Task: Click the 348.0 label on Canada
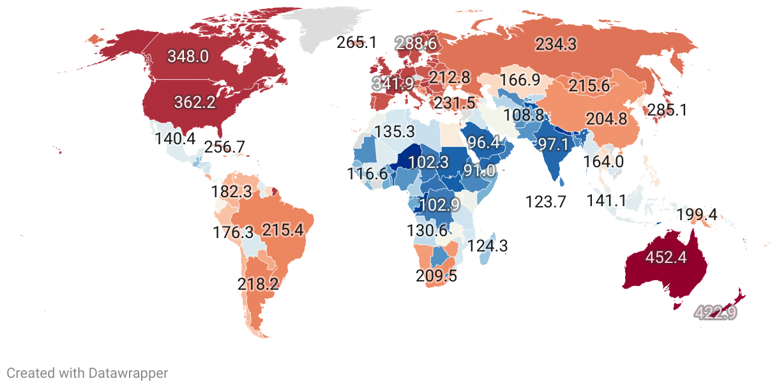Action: (188, 56)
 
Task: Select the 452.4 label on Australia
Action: (667, 257)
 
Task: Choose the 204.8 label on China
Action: (604, 119)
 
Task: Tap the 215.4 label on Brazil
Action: (283, 230)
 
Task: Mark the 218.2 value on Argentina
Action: (258, 284)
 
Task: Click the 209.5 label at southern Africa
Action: (436, 276)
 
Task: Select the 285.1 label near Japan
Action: (667, 110)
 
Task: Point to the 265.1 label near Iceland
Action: (357, 43)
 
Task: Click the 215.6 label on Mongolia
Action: (589, 86)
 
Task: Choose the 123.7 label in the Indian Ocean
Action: (546, 202)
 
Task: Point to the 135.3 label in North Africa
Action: (395, 132)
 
